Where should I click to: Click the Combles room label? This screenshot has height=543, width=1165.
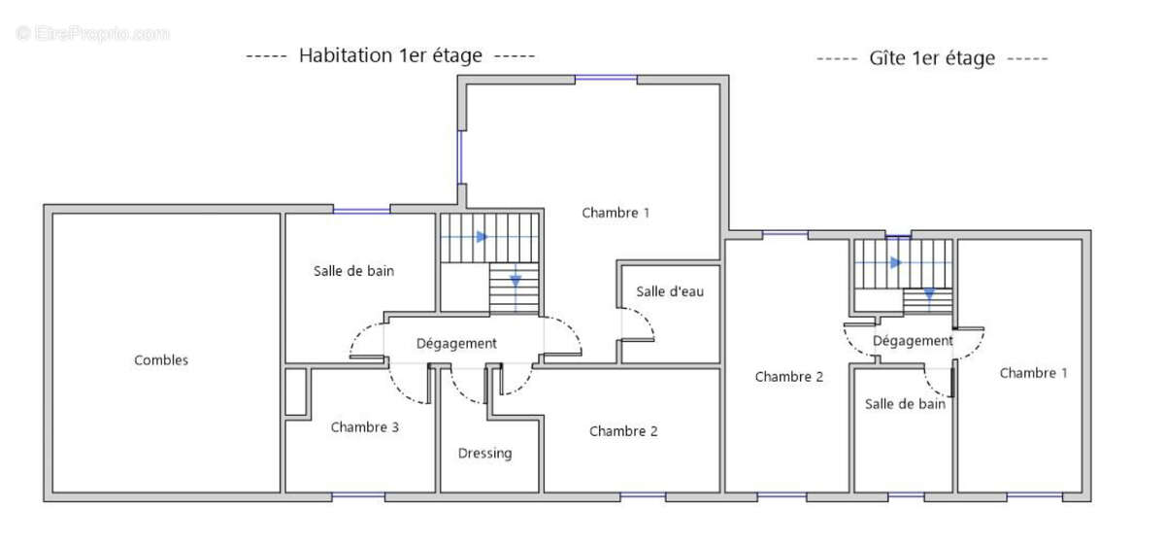coord(161,360)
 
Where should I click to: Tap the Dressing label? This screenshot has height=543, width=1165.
coord(484,454)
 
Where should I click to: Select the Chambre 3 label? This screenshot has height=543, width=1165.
coord(364,426)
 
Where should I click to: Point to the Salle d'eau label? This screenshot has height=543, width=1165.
coord(670,291)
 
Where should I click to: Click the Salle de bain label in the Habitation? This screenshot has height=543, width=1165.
coord(353,271)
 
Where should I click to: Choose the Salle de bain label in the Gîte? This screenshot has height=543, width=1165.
coord(905,404)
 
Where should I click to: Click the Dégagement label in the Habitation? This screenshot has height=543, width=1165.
coord(456,343)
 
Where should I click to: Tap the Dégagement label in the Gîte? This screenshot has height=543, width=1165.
coord(913,341)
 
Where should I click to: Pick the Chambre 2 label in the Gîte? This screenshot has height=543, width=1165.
coord(789,377)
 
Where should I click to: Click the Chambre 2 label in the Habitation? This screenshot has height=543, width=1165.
coord(623,431)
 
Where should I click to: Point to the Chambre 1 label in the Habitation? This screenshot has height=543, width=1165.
coord(616,213)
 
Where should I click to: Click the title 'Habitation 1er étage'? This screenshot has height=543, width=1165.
coord(390,55)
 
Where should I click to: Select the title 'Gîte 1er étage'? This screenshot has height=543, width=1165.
coord(932,58)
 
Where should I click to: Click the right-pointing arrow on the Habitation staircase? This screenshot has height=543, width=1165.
coord(482,236)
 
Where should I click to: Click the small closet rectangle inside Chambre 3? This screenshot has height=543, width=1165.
coord(296,392)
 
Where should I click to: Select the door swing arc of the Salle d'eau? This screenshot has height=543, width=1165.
coord(641,324)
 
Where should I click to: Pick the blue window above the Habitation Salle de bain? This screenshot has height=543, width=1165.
coord(361,209)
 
